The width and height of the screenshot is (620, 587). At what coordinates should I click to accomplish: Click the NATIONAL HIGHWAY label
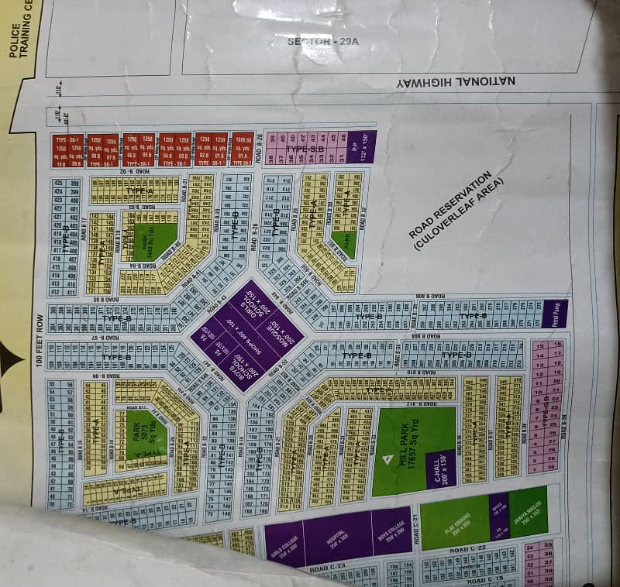439,81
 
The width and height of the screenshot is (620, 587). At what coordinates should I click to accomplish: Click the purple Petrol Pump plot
560,313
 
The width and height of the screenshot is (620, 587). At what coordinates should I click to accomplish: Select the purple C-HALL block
441,468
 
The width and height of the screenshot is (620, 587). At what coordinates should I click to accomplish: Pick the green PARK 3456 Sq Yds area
153,235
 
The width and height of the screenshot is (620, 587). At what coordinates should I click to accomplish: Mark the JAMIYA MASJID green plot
529,507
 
